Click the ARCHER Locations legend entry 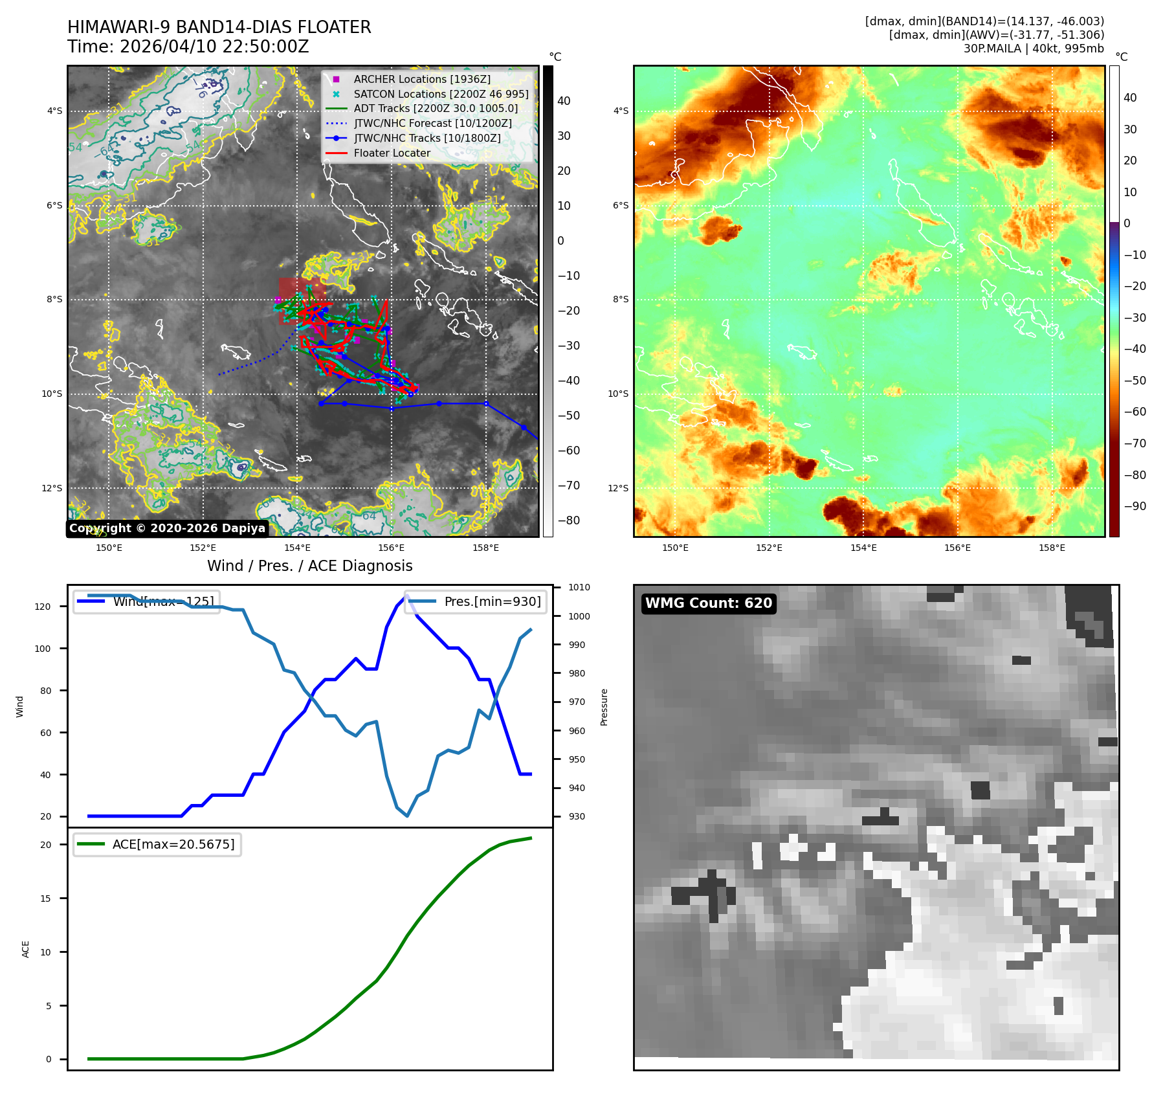(x=421, y=79)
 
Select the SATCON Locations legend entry (x=441, y=94)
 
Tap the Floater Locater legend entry (x=392, y=153)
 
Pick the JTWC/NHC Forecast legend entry (x=432, y=123)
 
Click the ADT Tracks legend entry (x=436, y=108)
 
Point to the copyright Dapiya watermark (x=167, y=528)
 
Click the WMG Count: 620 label (x=709, y=603)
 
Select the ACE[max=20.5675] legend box (x=157, y=844)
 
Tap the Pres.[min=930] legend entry (x=476, y=601)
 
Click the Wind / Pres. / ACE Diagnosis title (x=309, y=566)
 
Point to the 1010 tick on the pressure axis (x=579, y=588)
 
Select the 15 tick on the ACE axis (x=45, y=899)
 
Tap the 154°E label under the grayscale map (x=297, y=548)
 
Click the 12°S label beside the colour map (x=617, y=488)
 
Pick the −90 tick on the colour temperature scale (x=1135, y=506)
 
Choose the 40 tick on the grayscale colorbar (x=564, y=101)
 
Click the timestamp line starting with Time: (x=188, y=47)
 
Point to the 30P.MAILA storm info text (x=1033, y=49)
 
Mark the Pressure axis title (x=604, y=707)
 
